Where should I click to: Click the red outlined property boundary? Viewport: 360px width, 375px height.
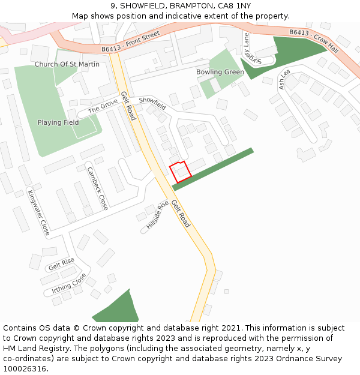click(180, 172)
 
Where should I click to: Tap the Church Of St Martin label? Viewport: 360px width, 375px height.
click(67, 64)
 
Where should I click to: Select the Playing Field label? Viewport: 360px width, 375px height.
click(58, 122)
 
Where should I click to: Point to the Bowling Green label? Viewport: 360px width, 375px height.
click(220, 72)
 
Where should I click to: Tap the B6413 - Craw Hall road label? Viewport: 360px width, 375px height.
click(314, 41)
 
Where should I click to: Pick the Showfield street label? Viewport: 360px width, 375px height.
click(152, 103)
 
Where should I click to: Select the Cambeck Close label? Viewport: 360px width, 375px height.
click(97, 188)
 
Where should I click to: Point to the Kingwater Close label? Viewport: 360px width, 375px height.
click(38, 212)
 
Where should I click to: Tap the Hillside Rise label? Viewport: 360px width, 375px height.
click(157, 215)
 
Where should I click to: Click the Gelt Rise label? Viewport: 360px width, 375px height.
click(61, 262)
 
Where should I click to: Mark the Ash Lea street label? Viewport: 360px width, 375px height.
click(284, 80)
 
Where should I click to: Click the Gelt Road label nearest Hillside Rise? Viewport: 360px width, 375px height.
click(181, 214)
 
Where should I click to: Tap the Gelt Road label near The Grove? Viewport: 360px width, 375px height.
click(128, 106)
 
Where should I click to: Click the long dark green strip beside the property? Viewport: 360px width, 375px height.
click(213, 169)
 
